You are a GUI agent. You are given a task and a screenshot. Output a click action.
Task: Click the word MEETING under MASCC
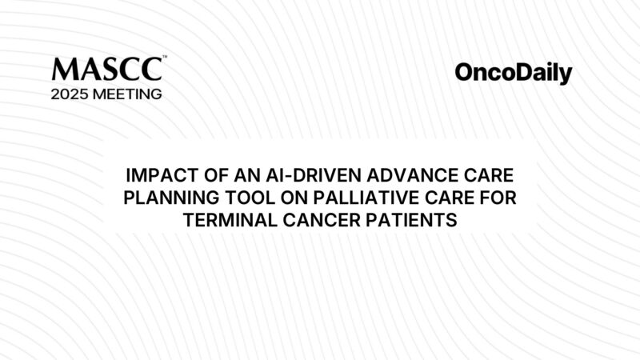pos(130,94)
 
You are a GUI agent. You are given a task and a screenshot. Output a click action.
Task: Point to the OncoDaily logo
pos(513,74)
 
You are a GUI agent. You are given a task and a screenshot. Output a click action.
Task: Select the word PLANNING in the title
pos(166,198)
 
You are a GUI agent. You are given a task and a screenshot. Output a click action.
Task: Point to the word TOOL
pos(238,198)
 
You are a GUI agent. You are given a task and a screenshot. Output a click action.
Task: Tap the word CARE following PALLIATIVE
pos(439,198)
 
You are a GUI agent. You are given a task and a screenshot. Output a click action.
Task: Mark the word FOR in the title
pos(492,198)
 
